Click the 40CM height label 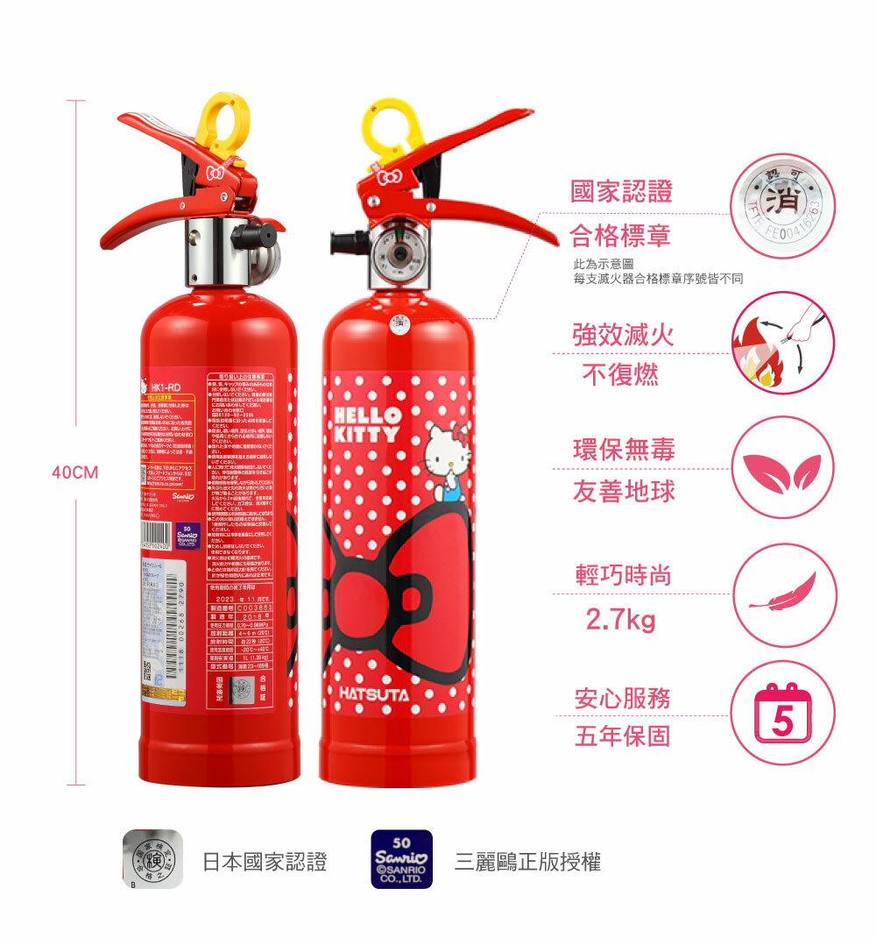[x=74, y=473]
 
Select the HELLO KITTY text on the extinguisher [x=366, y=423]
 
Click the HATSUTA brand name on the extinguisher [x=374, y=695]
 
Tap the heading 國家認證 [x=622, y=191]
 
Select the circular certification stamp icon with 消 [x=782, y=207]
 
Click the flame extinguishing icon [x=782, y=343]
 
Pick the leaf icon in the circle [x=782, y=472]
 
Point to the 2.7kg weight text [x=620, y=621]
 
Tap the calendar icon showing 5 [x=782, y=713]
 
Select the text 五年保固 [x=622, y=735]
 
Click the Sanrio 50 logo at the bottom [x=401, y=859]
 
